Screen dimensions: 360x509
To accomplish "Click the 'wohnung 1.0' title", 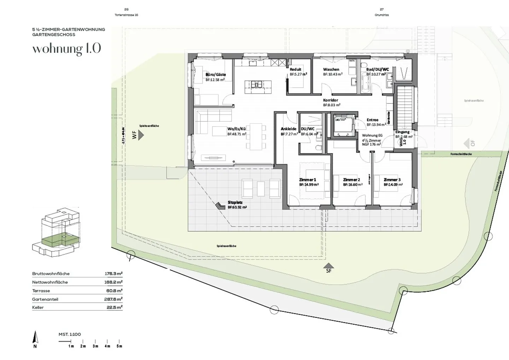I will [66, 49].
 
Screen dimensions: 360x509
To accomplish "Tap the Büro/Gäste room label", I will [216, 75].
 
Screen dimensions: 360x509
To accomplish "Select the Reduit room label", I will [296, 69].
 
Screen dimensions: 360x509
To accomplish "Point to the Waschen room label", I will [331, 69].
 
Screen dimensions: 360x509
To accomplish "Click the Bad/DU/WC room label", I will [378, 69].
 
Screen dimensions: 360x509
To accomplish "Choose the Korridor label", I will [330, 100].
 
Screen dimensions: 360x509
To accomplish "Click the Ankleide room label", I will [288, 129].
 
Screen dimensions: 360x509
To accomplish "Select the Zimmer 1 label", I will [308, 180].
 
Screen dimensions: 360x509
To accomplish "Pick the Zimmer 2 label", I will [351, 180].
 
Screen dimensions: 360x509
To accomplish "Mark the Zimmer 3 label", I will [392, 180].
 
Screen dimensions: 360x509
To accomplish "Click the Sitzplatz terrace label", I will [235, 203].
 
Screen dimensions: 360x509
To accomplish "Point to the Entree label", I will [373, 120].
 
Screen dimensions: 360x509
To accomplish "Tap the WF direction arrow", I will [141, 135].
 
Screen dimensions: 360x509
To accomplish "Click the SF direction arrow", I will [329, 266].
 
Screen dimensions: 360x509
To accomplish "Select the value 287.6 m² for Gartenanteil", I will [113, 299].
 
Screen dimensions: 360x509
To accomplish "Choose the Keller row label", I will [38, 308].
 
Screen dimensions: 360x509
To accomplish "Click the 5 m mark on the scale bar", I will [119, 346].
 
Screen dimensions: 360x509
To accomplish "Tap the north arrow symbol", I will [35, 338].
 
